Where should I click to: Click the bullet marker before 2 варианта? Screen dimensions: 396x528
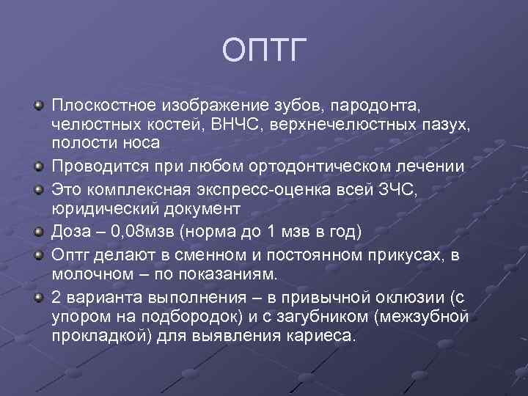tap(39, 298)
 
